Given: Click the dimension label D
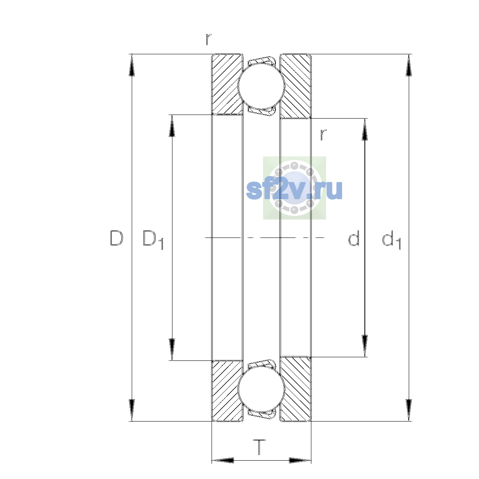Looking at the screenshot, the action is pyautogui.click(x=116, y=238).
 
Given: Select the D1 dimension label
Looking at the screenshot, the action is pyautogui.click(x=153, y=239).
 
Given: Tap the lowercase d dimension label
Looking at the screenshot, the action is pyautogui.click(x=354, y=238).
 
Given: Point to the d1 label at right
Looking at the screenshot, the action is pyautogui.click(x=391, y=239).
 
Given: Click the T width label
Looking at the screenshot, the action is pyautogui.click(x=259, y=447).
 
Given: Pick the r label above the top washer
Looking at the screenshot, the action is pyautogui.click(x=208, y=39).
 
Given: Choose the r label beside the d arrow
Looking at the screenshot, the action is pyautogui.click(x=323, y=135).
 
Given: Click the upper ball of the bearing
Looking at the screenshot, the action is pyautogui.click(x=261, y=86).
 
